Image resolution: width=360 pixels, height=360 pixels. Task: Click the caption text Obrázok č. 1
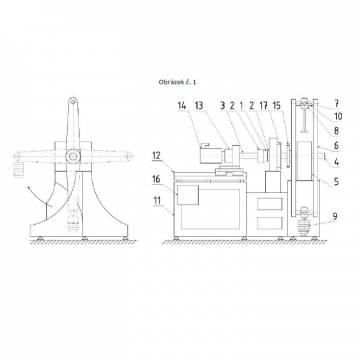click(177, 82)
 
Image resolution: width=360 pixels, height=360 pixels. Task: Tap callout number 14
click(182, 106)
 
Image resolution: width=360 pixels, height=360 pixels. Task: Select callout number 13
click(199, 106)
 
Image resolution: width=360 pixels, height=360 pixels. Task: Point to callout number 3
click(223, 106)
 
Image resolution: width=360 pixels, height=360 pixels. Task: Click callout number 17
click(263, 106)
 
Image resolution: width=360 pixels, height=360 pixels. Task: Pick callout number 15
click(277, 106)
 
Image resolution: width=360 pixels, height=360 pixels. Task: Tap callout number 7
click(336, 101)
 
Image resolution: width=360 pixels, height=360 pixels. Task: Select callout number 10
click(338, 116)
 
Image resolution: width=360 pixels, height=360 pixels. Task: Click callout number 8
click(336, 131)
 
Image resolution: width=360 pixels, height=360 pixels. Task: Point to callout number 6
click(336, 146)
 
